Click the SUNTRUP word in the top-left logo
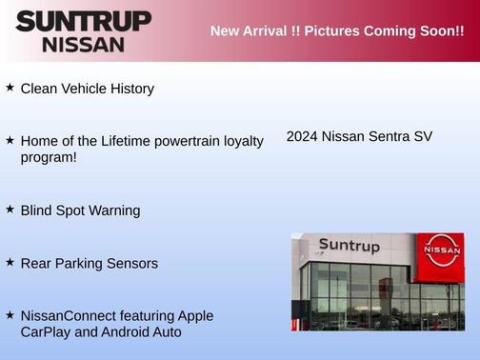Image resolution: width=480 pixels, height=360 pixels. pyautogui.click(x=83, y=21)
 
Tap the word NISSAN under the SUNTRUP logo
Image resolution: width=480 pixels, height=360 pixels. pyautogui.click(x=83, y=44)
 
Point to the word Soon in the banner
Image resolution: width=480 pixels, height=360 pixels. pyautogui.click(x=435, y=30)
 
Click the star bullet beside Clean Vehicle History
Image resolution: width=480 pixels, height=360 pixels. pyautogui.click(x=10, y=88)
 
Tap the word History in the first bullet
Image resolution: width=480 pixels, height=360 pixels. pyautogui.click(x=129, y=89)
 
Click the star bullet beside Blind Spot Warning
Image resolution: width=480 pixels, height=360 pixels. pyautogui.click(x=10, y=209)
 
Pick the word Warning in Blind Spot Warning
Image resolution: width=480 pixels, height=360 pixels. pyautogui.click(x=114, y=210)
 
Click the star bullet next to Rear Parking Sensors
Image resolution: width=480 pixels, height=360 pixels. pyautogui.click(x=10, y=261)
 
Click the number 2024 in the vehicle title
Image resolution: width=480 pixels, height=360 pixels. pyautogui.click(x=302, y=137)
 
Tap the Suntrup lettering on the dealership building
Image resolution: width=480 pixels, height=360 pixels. pyautogui.click(x=349, y=246)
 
